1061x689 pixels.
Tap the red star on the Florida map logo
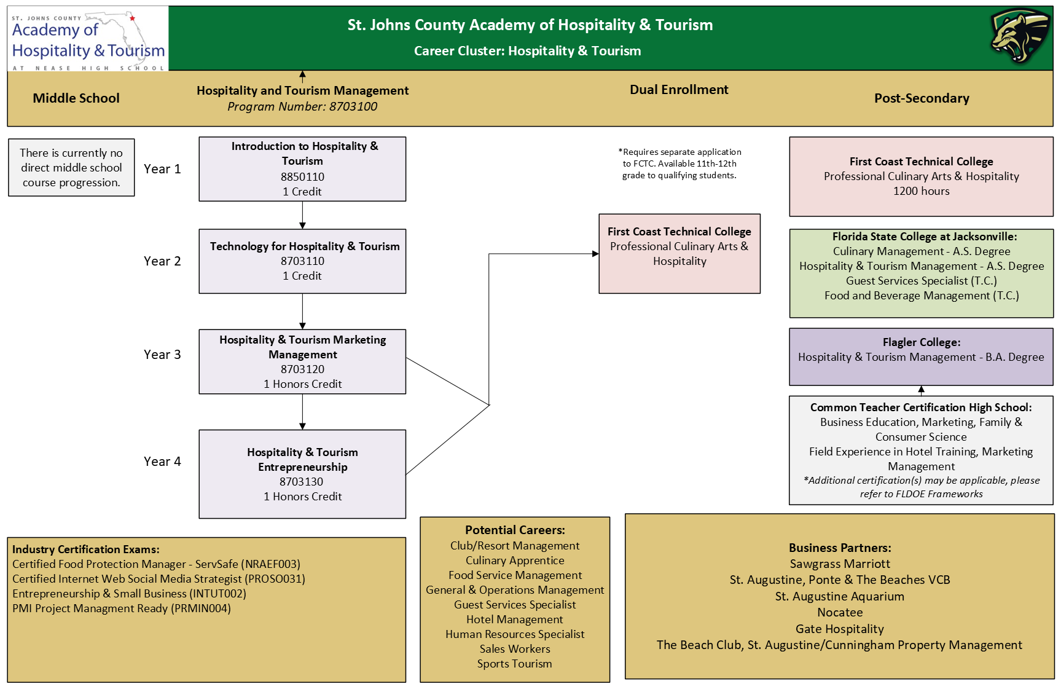(132, 18)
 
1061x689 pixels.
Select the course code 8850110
(302, 177)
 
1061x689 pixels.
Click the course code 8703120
(302, 369)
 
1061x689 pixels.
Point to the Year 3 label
(162, 355)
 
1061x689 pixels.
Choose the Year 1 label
(162, 169)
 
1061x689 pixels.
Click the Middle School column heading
(76, 98)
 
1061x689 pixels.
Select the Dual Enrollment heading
(679, 90)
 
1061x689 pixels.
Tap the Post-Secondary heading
(922, 98)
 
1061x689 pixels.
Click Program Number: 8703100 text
(302, 106)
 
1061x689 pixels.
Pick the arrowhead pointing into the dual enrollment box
(595, 254)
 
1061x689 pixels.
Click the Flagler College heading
(922, 342)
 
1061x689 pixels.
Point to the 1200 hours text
(922, 191)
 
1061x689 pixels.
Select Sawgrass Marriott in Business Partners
(840, 564)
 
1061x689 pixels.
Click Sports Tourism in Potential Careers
(515, 664)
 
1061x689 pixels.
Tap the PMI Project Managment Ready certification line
(122, 608)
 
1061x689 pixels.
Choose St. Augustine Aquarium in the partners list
(840, 597)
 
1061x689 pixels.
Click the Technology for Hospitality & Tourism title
(305, 246)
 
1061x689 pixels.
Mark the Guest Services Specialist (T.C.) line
(922, 281)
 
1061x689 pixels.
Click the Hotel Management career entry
(515, 620)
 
